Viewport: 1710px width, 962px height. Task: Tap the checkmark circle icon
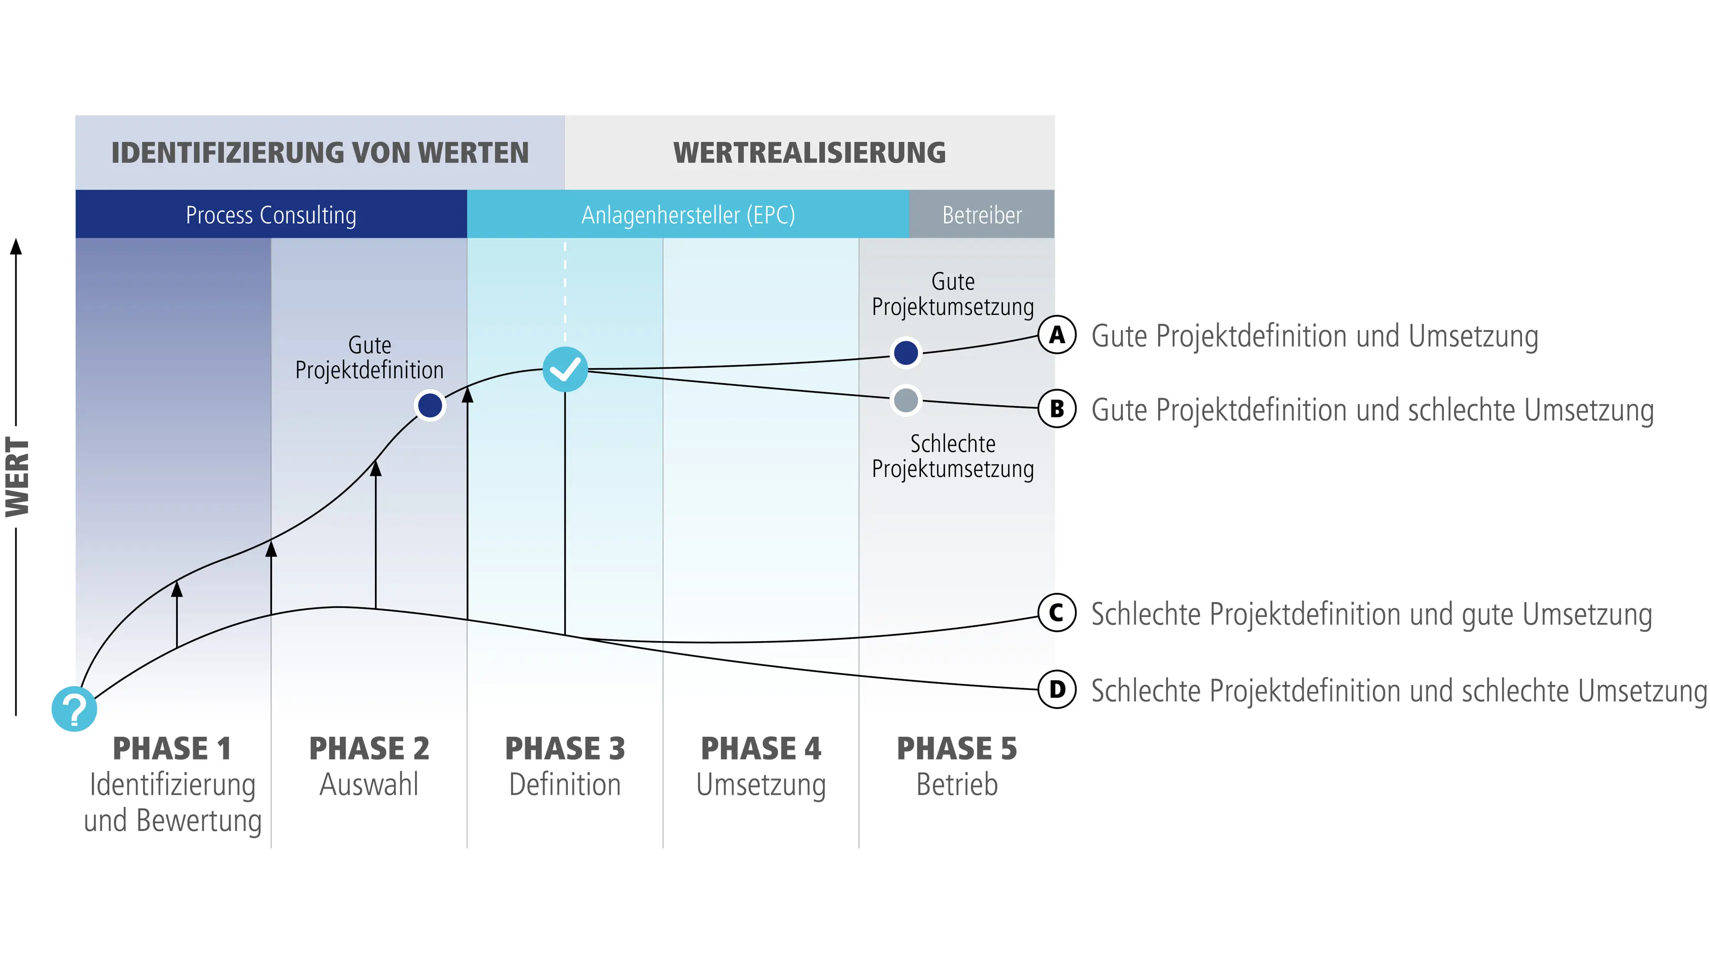click(x=565, y=369)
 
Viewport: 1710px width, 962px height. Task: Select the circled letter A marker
click(x=1057, y=335)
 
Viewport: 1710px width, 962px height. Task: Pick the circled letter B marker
click(x=1057, y=409)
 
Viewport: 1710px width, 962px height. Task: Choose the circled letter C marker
click(x=1057, y=613)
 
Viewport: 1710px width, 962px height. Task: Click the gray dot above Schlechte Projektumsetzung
click(x=906, y=401)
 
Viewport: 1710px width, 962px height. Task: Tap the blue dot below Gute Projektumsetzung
click(x=906, y=353)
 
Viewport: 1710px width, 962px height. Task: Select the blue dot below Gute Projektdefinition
click(x=430, y=405)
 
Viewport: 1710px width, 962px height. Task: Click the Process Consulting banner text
click(x=271, y=215)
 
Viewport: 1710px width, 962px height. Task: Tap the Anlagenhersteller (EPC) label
click(x=688, y=215)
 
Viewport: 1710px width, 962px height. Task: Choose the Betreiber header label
click(x=982, y=215)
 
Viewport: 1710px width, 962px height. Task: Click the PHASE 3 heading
click(x=565, y=748)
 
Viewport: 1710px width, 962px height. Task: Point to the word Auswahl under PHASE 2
click(x=369, y=785)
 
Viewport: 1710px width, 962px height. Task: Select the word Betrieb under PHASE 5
click(x=957, y=785)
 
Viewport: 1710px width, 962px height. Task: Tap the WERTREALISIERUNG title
click(x=809, y=153)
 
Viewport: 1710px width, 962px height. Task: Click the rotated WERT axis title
click(x=18, y=477)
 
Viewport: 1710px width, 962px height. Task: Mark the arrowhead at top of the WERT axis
click(x=16, y=247)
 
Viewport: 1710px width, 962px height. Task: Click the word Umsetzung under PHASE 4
click(x=761, y=785)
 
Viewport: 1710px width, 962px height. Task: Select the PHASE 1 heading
click(x=172, y=748)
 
